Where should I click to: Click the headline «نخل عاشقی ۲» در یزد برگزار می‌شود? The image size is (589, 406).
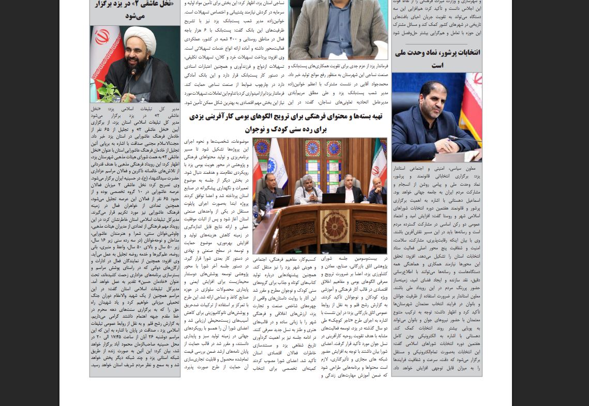[135, 10]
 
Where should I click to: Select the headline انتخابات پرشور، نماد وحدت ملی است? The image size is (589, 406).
[437, 58]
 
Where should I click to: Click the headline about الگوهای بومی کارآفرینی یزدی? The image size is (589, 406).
[286, 123]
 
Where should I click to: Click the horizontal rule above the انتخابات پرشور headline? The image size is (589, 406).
[437, 44]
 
